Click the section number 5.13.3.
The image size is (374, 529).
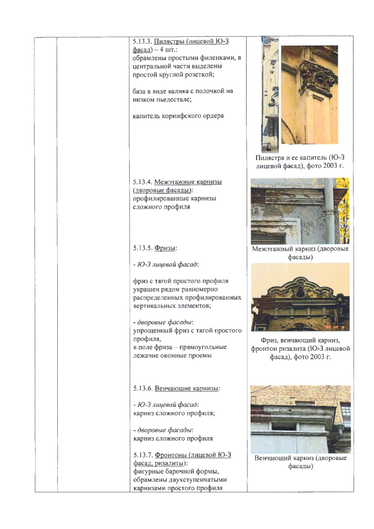(x=141, y=42)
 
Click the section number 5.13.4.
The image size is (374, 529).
(x=142, y=182)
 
